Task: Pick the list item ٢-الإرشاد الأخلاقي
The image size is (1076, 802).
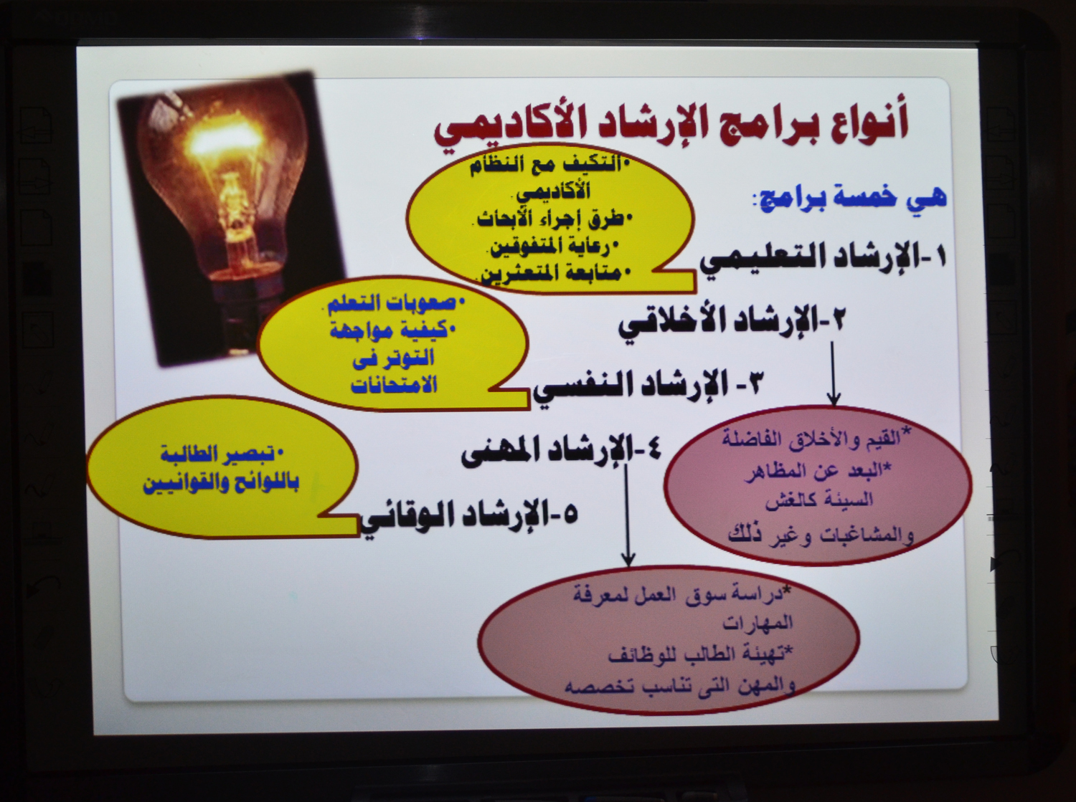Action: pos(731,324)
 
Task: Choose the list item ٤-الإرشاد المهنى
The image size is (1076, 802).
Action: pos(561,451)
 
